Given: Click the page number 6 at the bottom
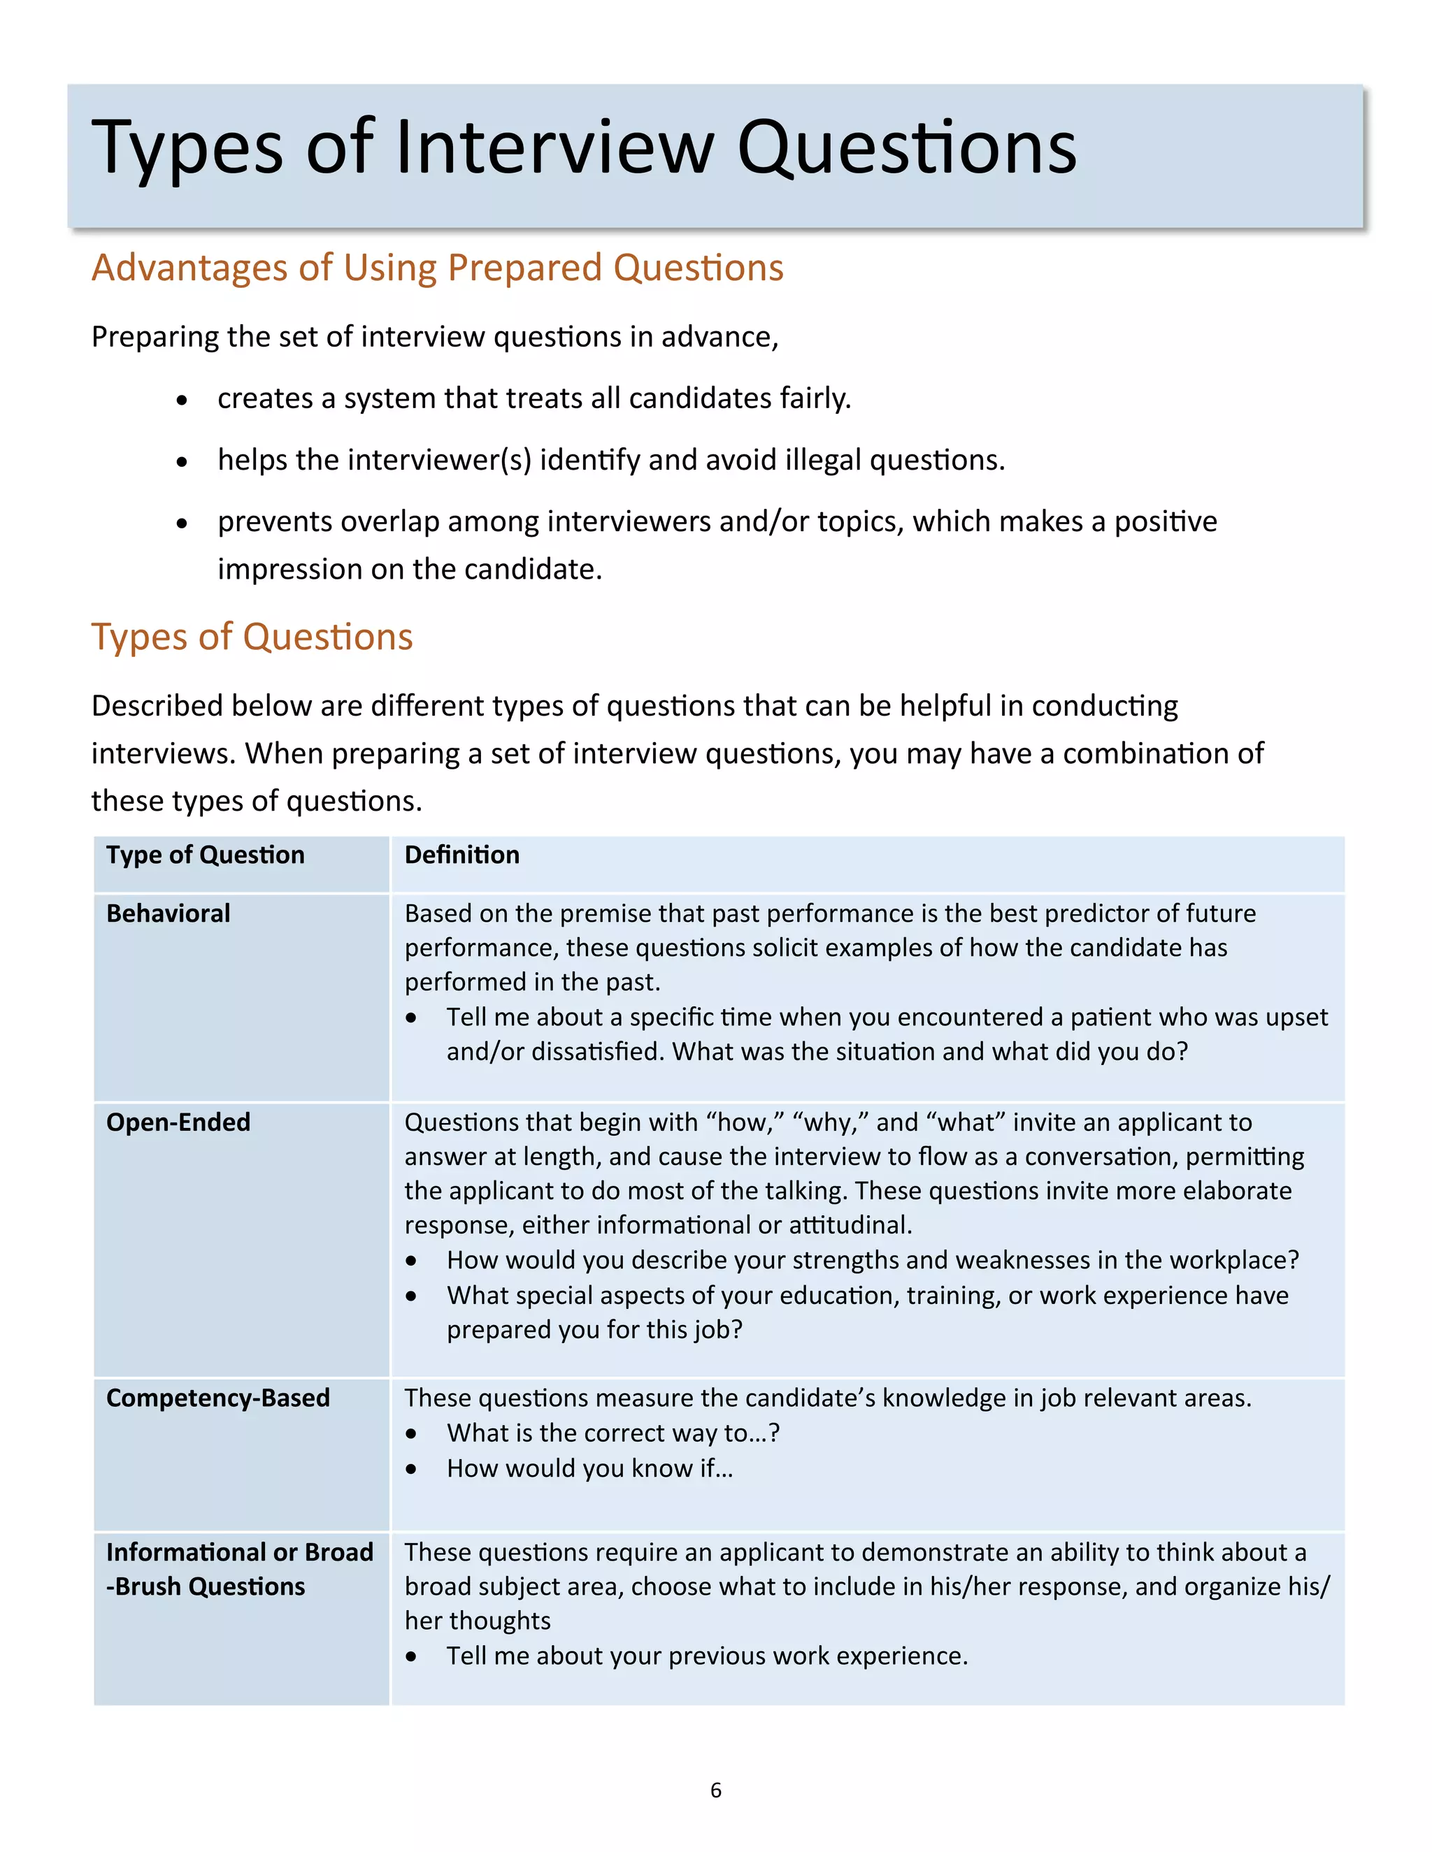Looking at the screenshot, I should coord(715,1789).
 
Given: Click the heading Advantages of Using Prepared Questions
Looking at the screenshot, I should coord(437,268).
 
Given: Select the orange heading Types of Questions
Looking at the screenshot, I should coord(252,637).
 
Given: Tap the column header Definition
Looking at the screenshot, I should coord(461,855).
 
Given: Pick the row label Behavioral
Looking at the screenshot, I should coord(168,913).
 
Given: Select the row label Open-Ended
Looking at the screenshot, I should coord(178,1122).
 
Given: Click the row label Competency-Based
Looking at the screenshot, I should coord(217,1398).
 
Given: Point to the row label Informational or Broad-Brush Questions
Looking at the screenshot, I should coord(239,1569).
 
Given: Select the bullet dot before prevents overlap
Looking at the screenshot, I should coord(182,524).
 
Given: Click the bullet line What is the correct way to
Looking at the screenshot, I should coord(613,1433).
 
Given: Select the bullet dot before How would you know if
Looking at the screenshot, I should coord(411,1470).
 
